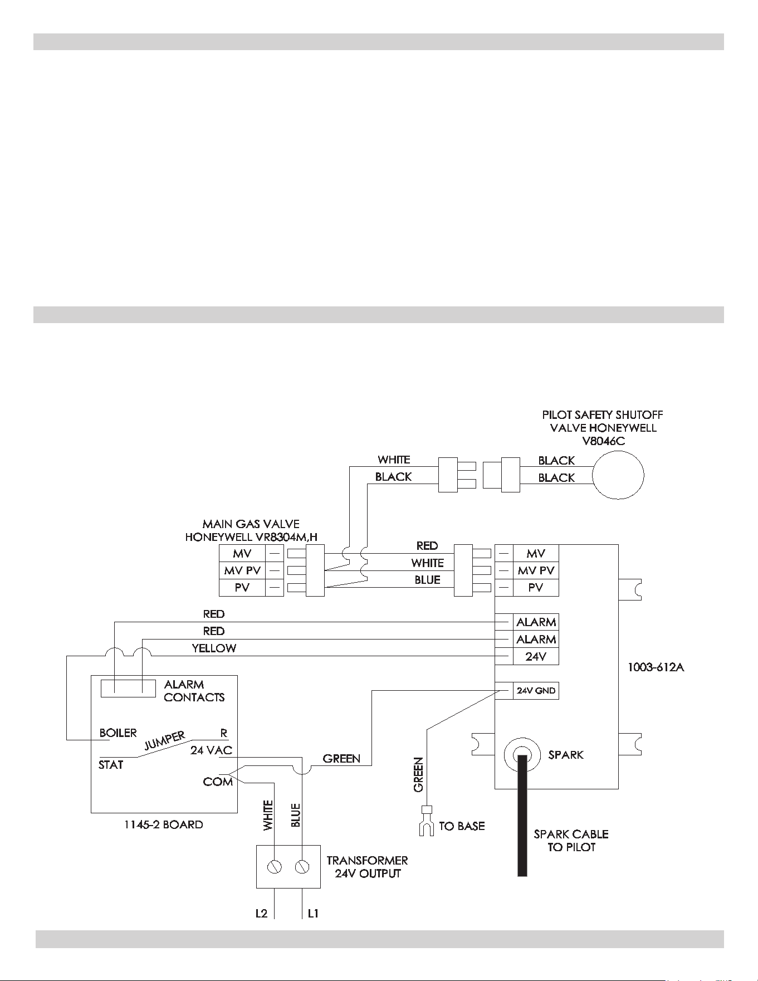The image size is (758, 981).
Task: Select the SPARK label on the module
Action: pyautogui.click(x=566, y=755)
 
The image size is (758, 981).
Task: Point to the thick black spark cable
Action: pyautogui.click(x=522, y=815)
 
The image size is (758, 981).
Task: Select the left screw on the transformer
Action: pyautogui.click(x=274, y=867)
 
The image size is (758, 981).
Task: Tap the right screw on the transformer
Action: pyautogui.click(x=302, y=867)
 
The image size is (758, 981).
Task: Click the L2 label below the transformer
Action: pyautogui.click(x=261, y=914)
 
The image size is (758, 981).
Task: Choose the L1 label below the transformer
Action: pyautogui.click(x=313, y=914)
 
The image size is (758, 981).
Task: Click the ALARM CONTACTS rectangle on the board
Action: pyautogui.click(x=128, y=689)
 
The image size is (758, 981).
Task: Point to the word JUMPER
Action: pyautogui.click(x=165, y=741)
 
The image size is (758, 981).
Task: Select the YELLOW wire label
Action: pyautogui.click(x=214, y=648)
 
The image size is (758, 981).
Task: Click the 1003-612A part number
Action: pyautogui.click(x=656, y=667)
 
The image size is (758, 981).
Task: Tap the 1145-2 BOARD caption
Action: pyautogui.click(x=164, y=824)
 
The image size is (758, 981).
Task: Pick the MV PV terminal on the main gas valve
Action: pyautogui.click(x=242, y=570)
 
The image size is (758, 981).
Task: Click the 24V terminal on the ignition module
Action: pyautogui.click(x=536, y=656)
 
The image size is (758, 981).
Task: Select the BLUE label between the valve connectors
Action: pyautogui.click(x=427, y=580)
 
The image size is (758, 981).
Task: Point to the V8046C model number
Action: pyautogui.click(x=603, y=441)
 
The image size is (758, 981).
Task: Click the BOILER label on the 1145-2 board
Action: pyautogui.click(x=118, y=733)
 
